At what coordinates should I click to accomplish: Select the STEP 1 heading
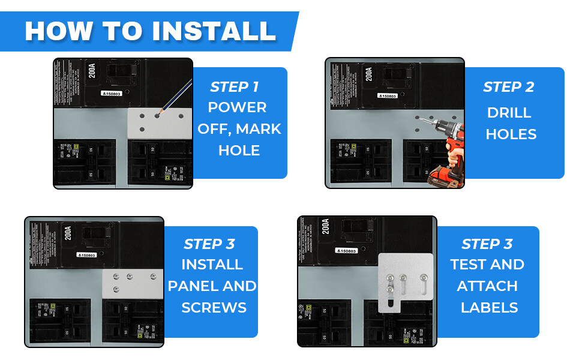coord(234,87)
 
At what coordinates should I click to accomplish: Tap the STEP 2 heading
coord(508,87)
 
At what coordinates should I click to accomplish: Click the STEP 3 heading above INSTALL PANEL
coord(209,244)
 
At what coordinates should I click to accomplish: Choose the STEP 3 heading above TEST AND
coord(487,244)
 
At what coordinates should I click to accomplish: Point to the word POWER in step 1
coord(237,108)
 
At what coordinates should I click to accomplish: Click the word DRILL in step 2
coord(509,113)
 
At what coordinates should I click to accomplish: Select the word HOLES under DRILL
coord(511,134)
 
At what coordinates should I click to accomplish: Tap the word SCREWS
coord(214,308)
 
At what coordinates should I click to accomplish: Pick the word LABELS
coord(489,308)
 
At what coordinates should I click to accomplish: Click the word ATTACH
coord(487,286)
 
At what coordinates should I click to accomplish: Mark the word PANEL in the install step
coord(195,286)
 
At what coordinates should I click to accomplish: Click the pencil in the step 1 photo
coord(176,96)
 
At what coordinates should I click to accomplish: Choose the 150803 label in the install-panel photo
coord(86,255)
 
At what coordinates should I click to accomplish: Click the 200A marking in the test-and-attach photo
coord(325,227)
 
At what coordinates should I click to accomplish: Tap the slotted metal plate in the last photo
coord(405,282)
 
